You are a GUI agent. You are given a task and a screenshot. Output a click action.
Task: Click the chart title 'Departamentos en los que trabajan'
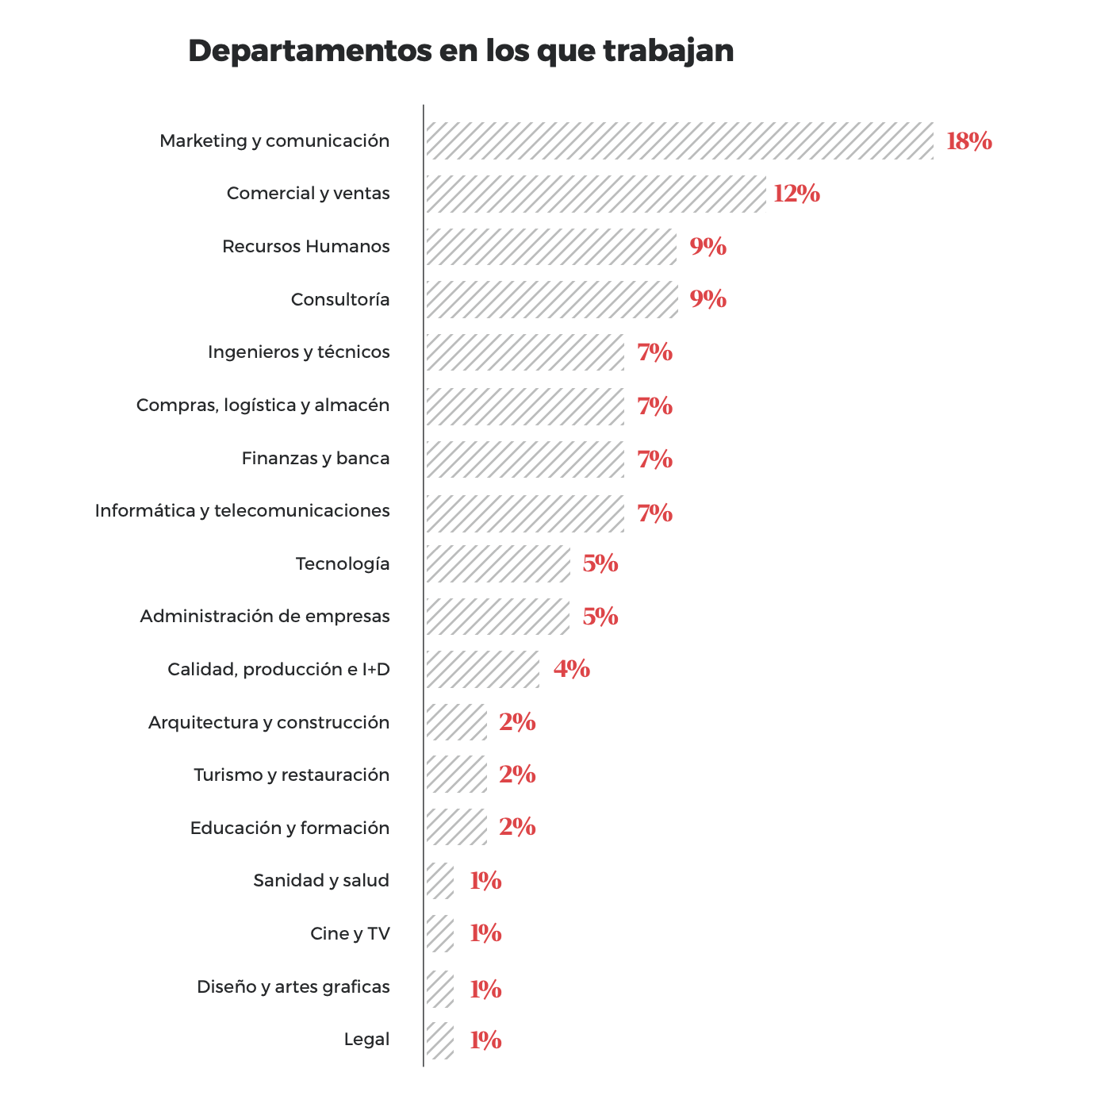point(461,51)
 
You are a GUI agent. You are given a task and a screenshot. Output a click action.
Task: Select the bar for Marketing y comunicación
point(679,141)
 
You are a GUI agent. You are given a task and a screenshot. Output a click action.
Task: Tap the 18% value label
point(968,141)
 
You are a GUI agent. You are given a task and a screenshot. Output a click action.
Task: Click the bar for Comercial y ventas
point(595,194)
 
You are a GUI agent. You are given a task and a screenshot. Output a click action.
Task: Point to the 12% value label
point(796,194)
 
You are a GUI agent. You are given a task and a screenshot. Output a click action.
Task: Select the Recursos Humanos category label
point(306,247)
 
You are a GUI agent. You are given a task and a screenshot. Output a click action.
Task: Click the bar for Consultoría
point(551,299)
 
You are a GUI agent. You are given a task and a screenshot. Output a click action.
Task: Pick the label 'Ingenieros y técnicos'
point(299,352)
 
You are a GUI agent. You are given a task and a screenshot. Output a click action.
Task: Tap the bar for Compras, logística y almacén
point(524,406)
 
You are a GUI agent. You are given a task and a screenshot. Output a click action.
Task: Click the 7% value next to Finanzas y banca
point(655,459)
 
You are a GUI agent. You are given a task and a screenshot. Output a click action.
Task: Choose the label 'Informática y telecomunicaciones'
point(243,511)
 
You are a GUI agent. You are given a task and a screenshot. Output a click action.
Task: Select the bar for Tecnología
point(497,564)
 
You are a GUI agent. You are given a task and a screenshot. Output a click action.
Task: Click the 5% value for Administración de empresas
point(600,617)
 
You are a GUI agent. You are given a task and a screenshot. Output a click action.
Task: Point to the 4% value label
point(572,669)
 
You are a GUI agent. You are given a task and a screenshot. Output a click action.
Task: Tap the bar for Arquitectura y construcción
point(456,722)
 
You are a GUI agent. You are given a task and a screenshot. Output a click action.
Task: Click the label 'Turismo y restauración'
point(292,775)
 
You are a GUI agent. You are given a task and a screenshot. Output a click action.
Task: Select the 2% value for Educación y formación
point(517,827)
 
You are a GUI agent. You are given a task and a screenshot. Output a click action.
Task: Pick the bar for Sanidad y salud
point(439,881)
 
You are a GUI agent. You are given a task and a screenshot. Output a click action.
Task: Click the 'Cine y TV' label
point(350,934)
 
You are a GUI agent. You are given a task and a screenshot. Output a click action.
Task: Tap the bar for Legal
point(439,1040)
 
